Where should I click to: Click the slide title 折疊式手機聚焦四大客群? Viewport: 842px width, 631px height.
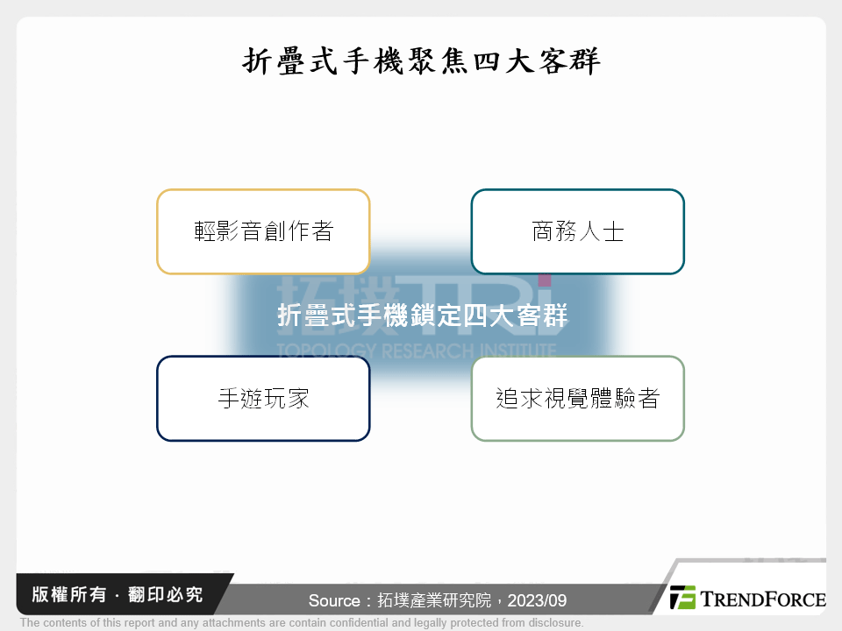pyautogui.click(x=421, y=61)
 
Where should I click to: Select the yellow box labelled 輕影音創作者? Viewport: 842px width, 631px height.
pyautogui.click(x=263, y=231)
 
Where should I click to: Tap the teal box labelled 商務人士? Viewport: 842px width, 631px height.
pyautogui.click(x=577, y=231)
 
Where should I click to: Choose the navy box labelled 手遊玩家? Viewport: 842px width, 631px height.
pyautogui.click(x=263, y=398)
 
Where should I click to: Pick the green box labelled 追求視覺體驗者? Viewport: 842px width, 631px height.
pyautogui.click(x=577, y=398)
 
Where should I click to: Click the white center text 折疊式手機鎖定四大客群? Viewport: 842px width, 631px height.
pyautogui.click(x=422, y=315)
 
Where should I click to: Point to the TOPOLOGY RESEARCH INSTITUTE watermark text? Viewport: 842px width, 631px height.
pyautogui.click(x=416, y=351)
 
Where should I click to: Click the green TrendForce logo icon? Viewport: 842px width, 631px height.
pyautogui.click(x=682, y=597)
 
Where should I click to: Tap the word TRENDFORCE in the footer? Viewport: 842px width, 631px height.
pyautogui.click(x=762, y=599)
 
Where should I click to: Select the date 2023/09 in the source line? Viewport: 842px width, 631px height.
pyautogui.click(x=544, y=601)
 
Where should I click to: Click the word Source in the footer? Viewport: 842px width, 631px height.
pyautogui.click(x=334, y=601)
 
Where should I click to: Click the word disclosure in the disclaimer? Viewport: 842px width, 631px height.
pyautogui.click(x=553, y=623)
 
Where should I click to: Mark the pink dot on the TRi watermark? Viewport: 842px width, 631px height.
pyautogui.click(x=545, y=280)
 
